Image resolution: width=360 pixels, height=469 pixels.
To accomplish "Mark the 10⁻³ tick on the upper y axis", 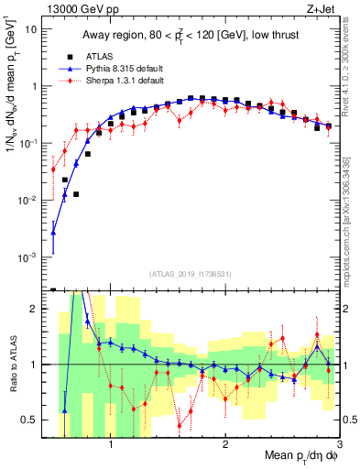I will tap(29, 257).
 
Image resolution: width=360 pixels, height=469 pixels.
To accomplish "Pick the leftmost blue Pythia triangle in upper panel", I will tap(54, 234).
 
